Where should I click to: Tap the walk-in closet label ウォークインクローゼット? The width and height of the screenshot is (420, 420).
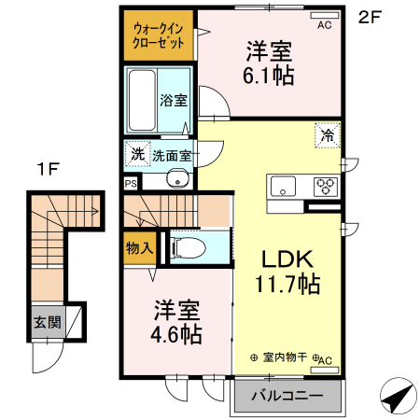point(157,35)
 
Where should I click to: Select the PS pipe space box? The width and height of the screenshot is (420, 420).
point(130,184)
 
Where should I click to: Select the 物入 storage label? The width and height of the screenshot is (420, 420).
point(139,247)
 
